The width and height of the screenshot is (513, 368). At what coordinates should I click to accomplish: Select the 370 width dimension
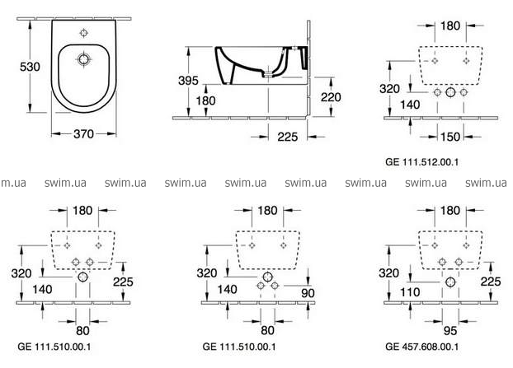tap(80, 133)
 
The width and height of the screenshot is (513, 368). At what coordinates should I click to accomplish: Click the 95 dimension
tap(449, 329)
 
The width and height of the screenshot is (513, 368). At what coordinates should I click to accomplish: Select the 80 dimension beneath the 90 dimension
tap(267, 329)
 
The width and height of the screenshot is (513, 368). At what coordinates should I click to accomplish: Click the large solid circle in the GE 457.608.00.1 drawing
tap(449, 282)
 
